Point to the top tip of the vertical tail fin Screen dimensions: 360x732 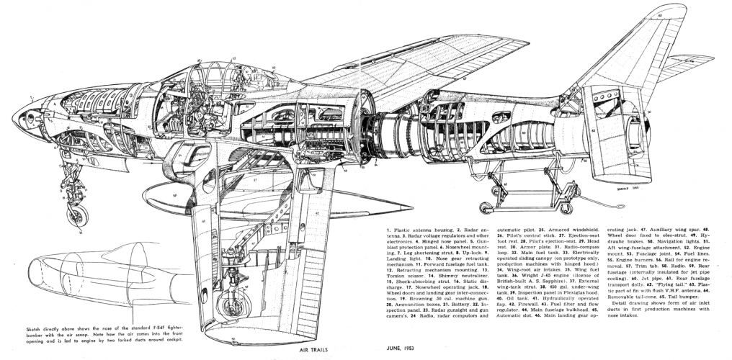click(x=674, y=10)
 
